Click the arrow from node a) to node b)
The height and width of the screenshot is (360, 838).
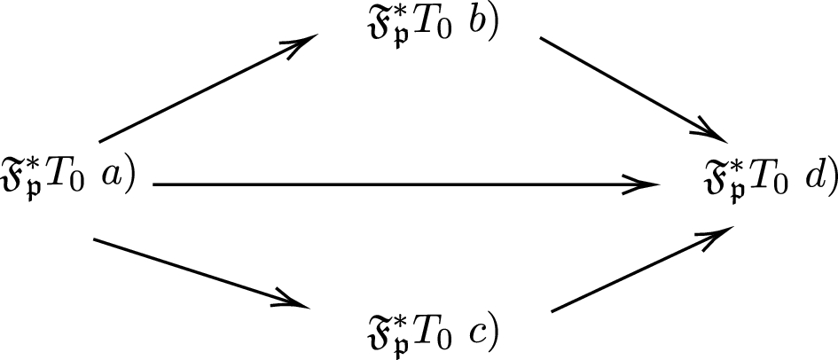pyautogui.click(x=208, y=89)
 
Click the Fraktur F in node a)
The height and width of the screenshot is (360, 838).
pyautogui.click(x=16, y=176)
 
